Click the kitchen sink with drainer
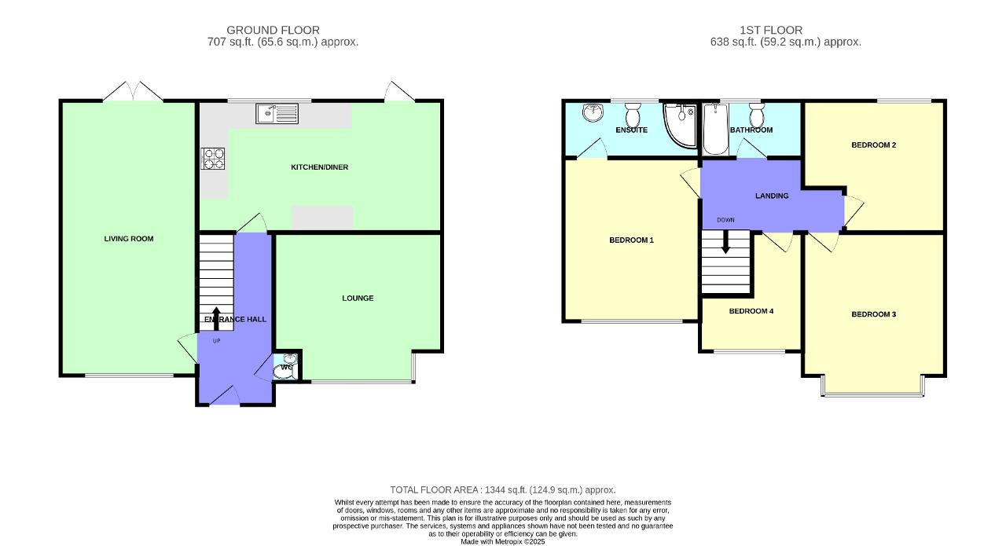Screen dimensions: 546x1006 tap(277, 115)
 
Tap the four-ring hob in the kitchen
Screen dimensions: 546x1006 tap(213, 159)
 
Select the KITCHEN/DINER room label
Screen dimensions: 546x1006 tap(319, 167)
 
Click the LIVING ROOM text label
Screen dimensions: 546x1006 tap(129, 239)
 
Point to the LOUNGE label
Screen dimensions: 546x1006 tap(358, 299)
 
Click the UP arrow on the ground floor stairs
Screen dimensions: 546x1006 tap(216, 317)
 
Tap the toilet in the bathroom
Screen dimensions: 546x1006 tap(756, 110)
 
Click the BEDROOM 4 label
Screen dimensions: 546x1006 tap(751, 311)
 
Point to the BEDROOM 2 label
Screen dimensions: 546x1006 tap(873, 145)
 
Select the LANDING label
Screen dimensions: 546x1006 tap(771, 196)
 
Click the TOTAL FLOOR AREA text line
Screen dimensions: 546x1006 tap(503, 489)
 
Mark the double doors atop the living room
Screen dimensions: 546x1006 tap(133, 92)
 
